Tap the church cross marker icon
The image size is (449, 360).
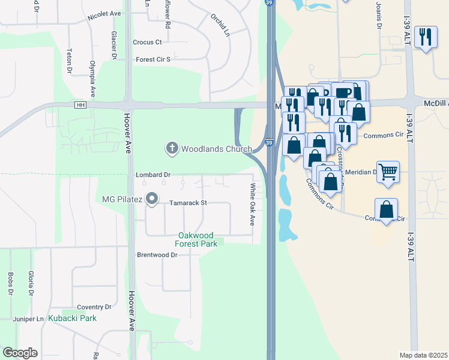point(172,148)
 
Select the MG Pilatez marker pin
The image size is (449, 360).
point(152,198)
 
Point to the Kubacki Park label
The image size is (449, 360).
point(73,317)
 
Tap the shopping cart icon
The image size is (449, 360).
point(388,172)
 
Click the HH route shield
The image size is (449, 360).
point(80,105)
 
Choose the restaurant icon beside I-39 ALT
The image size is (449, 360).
point(426,37)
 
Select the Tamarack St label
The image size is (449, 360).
point(188,203)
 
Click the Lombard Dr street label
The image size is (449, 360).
point(153,175)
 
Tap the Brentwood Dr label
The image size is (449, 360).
point(158,255)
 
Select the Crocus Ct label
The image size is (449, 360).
point(148,42)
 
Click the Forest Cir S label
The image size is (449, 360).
point(153,59)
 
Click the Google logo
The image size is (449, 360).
point(20,353)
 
